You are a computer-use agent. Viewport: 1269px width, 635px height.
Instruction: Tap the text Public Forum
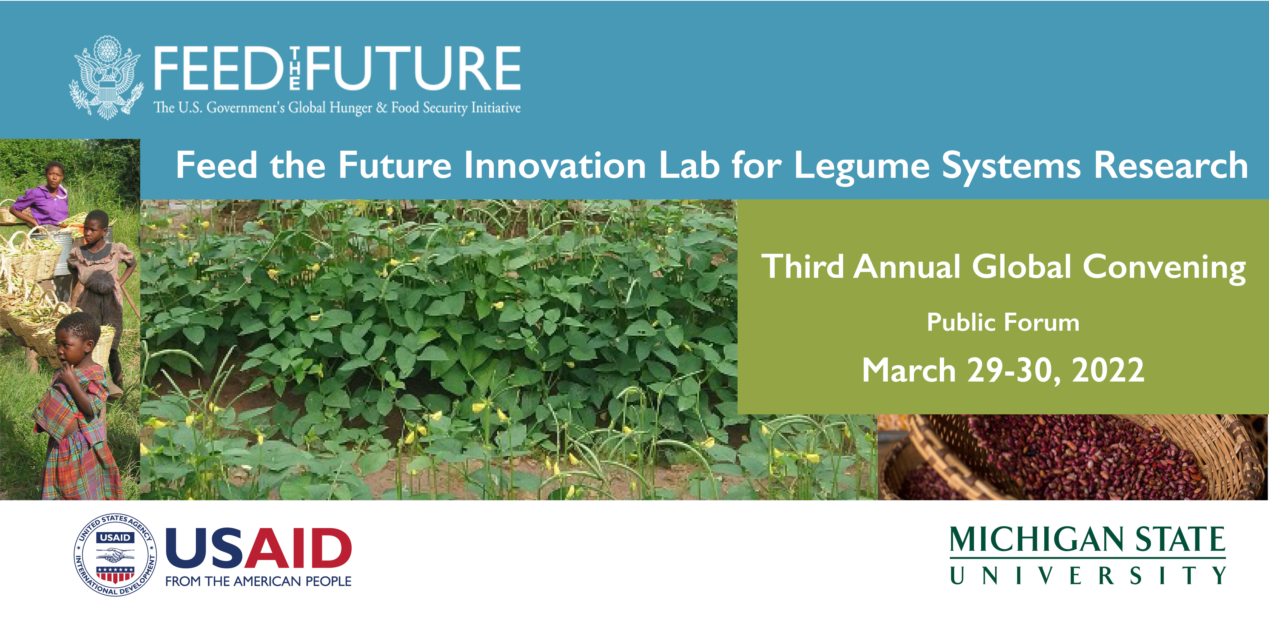point(1003,323)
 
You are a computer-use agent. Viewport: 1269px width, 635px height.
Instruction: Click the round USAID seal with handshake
point(115,555)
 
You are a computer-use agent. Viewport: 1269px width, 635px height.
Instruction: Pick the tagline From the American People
point(258,581)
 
